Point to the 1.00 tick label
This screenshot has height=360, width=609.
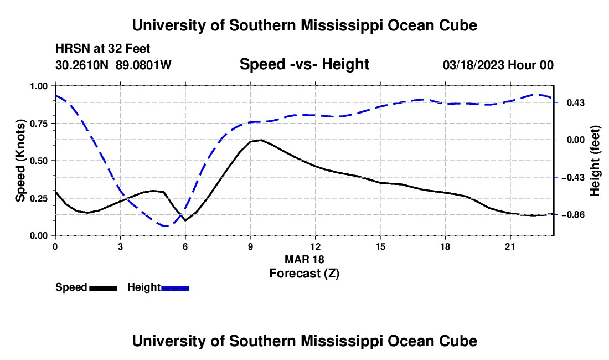point(39,86)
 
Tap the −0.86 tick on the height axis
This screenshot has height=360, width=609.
point(576,215)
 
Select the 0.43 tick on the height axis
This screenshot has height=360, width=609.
point(576,103)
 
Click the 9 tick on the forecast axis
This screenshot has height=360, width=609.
point(250,246)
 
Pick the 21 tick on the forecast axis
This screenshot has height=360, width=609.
point(510,246)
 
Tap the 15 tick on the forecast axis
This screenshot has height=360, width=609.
point(380,246)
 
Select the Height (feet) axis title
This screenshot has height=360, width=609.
point(595,161)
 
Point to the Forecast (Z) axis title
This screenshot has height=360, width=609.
point(304,274)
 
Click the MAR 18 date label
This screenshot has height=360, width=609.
point(304,259)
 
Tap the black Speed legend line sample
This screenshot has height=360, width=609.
point(104,289)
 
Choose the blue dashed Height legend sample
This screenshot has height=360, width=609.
point(175,289)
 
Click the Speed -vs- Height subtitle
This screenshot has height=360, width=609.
point(304,64)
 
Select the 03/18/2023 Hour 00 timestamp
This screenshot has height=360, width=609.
point(498,65)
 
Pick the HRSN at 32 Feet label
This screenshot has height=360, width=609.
point(102,49)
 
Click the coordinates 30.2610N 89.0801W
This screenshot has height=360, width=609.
point(113,65)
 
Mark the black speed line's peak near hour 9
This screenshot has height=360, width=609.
point(261,140)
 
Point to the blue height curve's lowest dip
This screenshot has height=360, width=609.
point(166,225)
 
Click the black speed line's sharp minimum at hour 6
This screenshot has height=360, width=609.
point(185,220)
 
